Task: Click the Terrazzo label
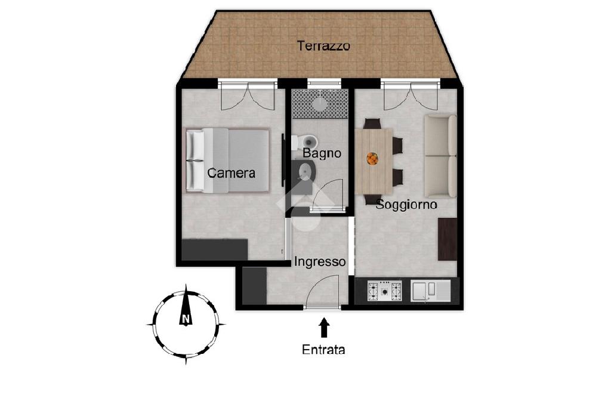coord(323,45)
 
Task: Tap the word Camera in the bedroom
coord(231,172)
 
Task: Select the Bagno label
coord(322,153)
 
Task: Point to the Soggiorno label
coord(406,204)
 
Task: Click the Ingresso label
coord(320,261)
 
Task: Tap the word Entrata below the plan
coord(323,349)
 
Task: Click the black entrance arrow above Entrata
coord(324,328)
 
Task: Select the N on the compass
coord(186,319)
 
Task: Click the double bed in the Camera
coord(227,160)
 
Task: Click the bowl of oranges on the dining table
coord(372,159)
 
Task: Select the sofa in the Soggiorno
coord(440,156)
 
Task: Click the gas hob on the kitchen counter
coord(385,291)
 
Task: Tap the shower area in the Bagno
coord(320,104)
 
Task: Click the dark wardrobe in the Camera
coord(215,250)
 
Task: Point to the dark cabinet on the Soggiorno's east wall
coord(448,239)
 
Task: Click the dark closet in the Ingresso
coord(254,285)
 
